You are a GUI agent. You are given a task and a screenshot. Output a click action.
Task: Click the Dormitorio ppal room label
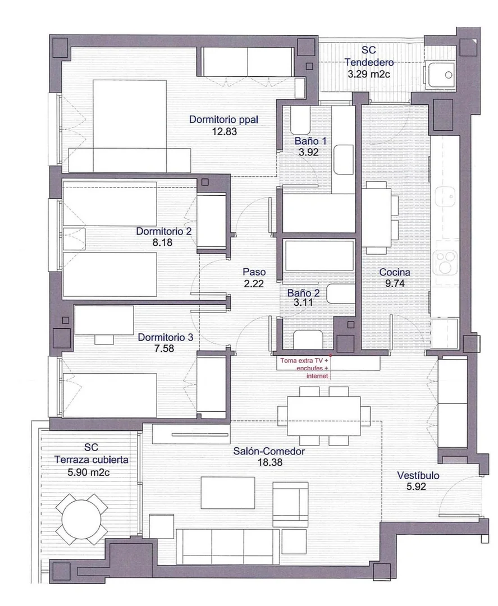(x=223, y=120)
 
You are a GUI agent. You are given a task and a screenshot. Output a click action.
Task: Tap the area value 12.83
(x=224, y=131)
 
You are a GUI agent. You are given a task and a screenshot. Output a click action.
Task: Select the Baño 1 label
(x=310, y=141)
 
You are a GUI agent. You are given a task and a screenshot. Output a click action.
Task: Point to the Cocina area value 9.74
(x=395, y=283)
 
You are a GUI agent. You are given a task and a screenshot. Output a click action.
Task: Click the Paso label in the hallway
(x=254, y=272)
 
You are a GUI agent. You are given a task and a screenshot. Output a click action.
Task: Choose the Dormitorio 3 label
(x=165, y=337)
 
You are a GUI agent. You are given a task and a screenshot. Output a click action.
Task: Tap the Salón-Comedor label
(x=269, y=451)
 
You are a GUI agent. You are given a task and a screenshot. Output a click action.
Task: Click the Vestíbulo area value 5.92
(x=416, y=486)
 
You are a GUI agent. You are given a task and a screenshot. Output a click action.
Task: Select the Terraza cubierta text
(x=92, y=460)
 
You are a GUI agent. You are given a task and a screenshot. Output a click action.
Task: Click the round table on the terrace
(x=81, y=520)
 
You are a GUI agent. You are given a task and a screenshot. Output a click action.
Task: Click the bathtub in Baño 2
(x=318, y=255)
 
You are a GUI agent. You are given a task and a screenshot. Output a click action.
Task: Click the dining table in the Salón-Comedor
(x=323, y=416)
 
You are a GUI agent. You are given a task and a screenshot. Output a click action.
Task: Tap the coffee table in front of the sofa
(x=228, y=493)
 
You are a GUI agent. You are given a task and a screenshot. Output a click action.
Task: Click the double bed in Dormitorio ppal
(x=130, y=126)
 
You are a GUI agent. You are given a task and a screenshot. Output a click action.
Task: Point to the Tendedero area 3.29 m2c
(x=369, y=74)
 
